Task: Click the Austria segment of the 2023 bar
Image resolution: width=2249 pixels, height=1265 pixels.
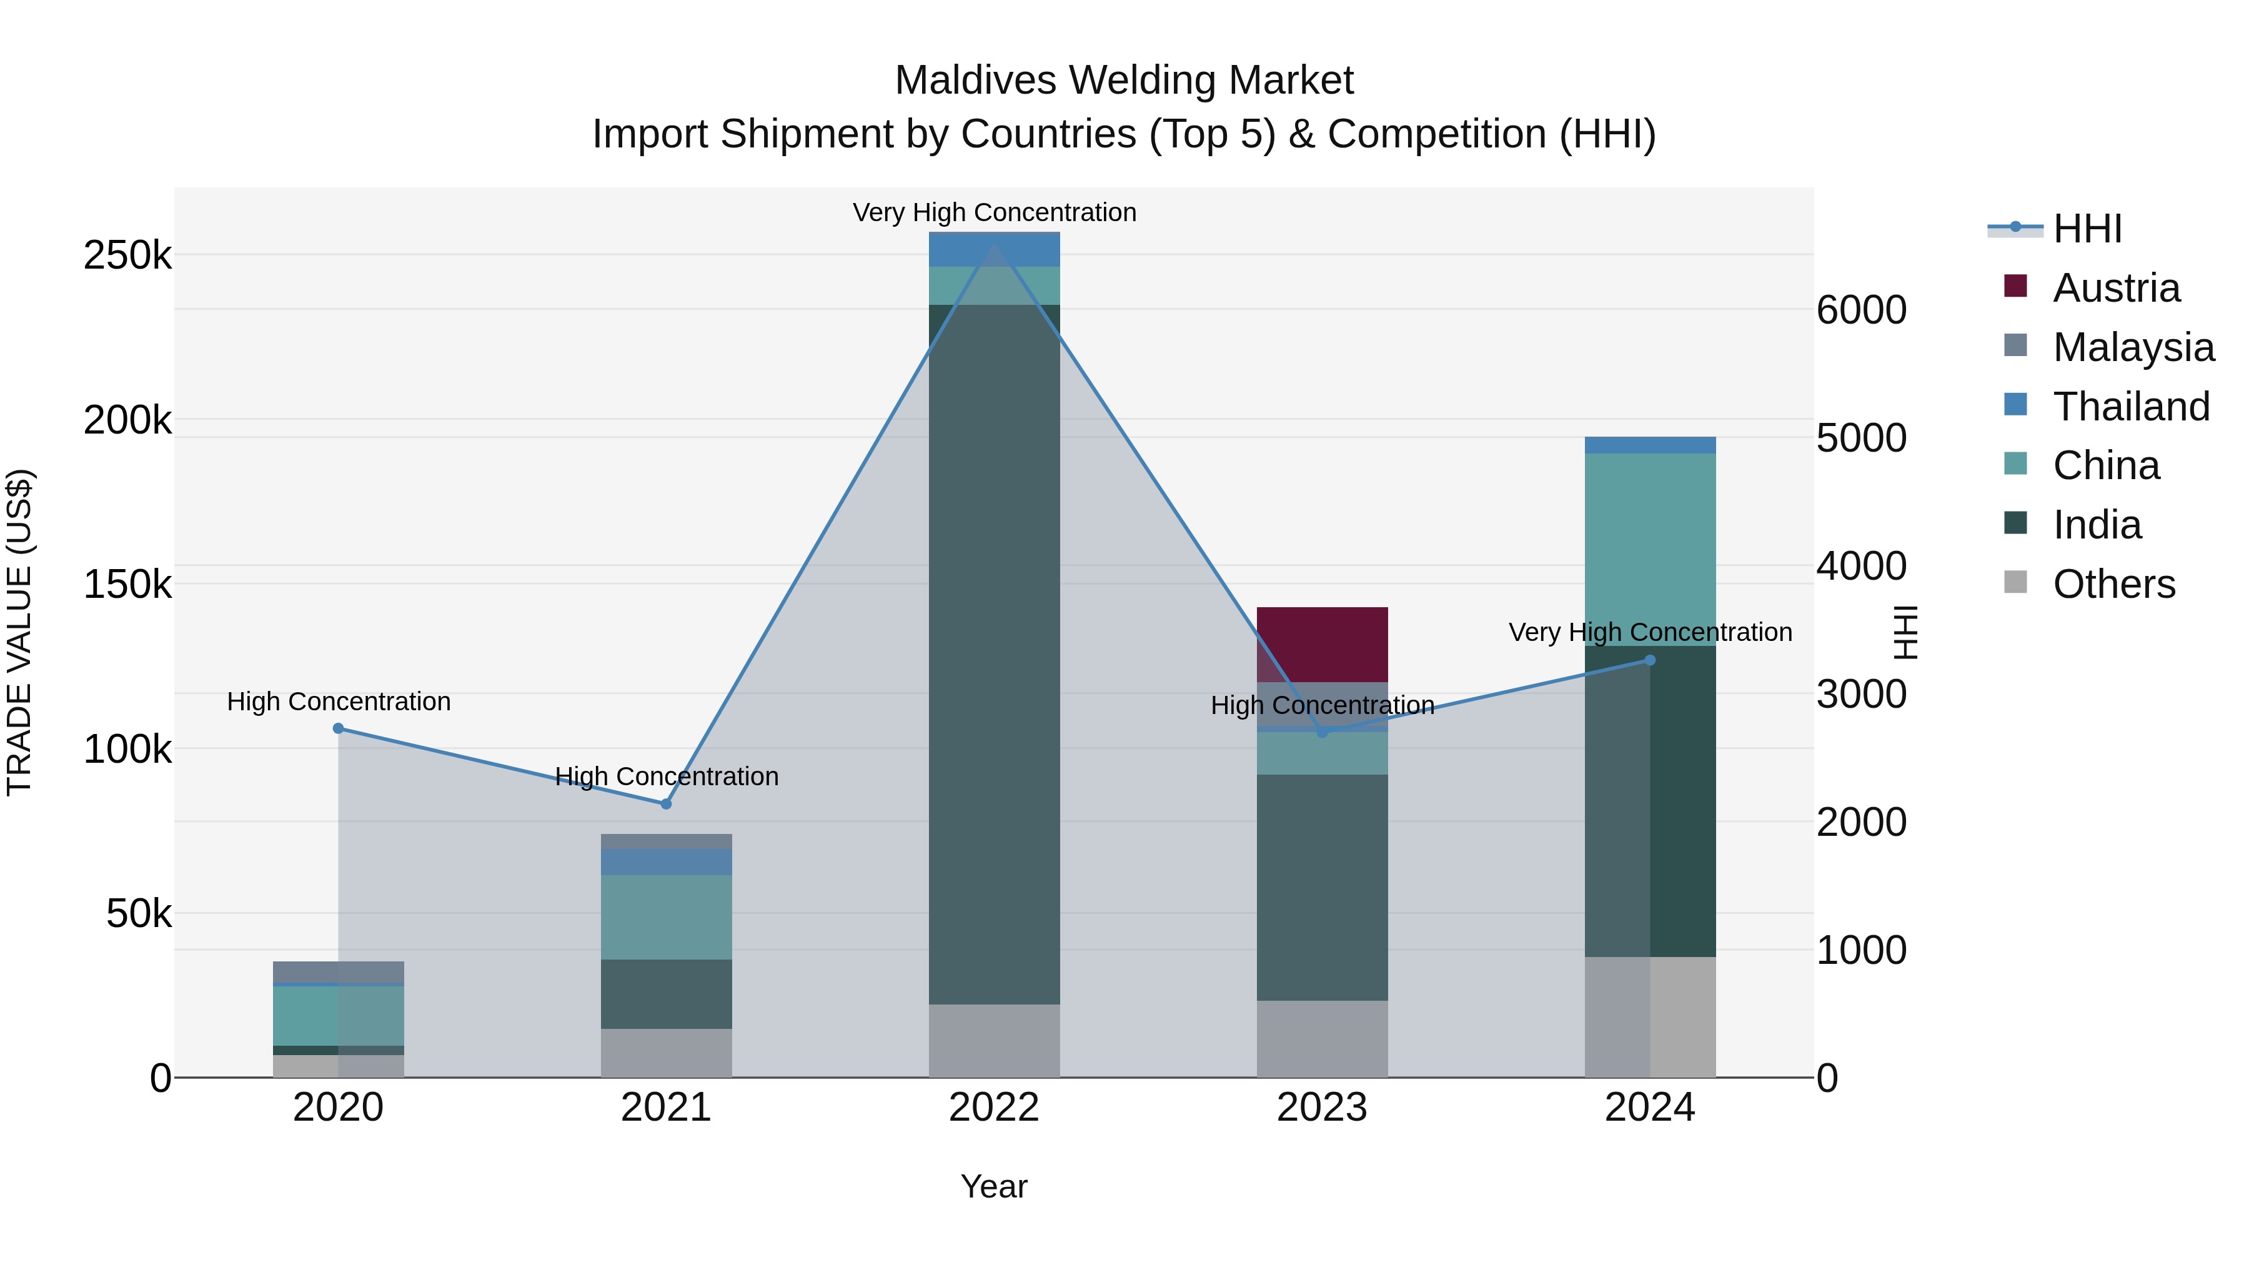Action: (x=1322, y=643)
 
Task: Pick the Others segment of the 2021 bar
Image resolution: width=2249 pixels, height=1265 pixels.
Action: (x=666, y=1052)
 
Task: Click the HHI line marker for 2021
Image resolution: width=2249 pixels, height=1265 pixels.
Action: (x=666, y=803)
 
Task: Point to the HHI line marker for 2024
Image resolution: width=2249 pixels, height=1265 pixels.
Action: (x=1649, y=660)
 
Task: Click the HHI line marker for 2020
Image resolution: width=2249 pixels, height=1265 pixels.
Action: (x=339, y=728)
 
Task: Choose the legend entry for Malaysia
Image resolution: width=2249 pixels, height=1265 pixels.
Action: (x=2133, y=347)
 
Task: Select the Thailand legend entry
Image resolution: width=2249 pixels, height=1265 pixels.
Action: (x=2130, y=406)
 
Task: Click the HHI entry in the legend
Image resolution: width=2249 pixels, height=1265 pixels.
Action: (x=2087, y=229)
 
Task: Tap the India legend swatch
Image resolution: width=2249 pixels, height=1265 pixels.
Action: (x=2016, y=524)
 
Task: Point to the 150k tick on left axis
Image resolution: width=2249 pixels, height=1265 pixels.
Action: (x=127, y=584)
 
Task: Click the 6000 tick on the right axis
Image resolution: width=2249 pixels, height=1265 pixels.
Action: (x=1860, y=310)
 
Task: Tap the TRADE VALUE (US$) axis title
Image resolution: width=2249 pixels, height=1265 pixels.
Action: (x=19, y=632)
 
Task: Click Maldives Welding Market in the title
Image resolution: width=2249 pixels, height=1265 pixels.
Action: (x=1124, y=81)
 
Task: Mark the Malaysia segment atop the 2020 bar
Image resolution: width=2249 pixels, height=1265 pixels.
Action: (x=339, y=971)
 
